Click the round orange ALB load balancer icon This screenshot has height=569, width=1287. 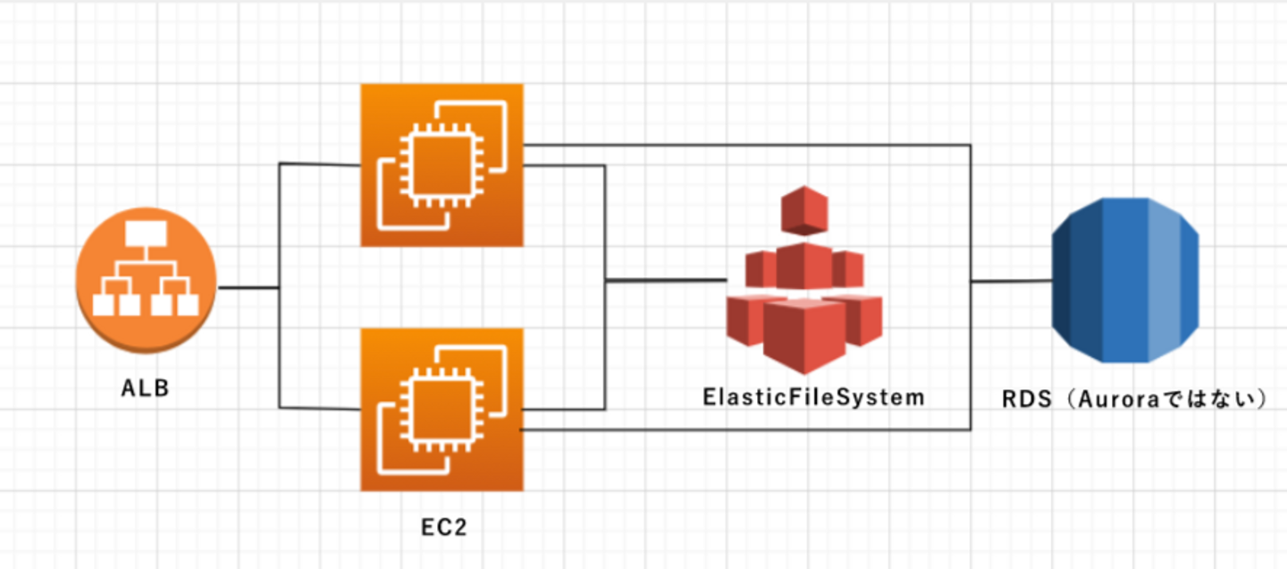point(146,279)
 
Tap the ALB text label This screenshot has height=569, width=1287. point(146,391)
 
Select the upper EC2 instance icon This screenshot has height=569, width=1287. point(442,165)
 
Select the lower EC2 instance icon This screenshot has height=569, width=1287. point(442,409)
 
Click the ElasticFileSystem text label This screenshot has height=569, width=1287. point(812,397)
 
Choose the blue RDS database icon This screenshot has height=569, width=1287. point(1124,279)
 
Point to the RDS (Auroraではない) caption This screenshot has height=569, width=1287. point(1136,400)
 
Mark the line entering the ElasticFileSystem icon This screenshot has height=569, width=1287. point(666,280)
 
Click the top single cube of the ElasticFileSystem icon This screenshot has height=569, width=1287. point(804,209)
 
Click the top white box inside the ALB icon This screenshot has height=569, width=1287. point(146,234)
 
